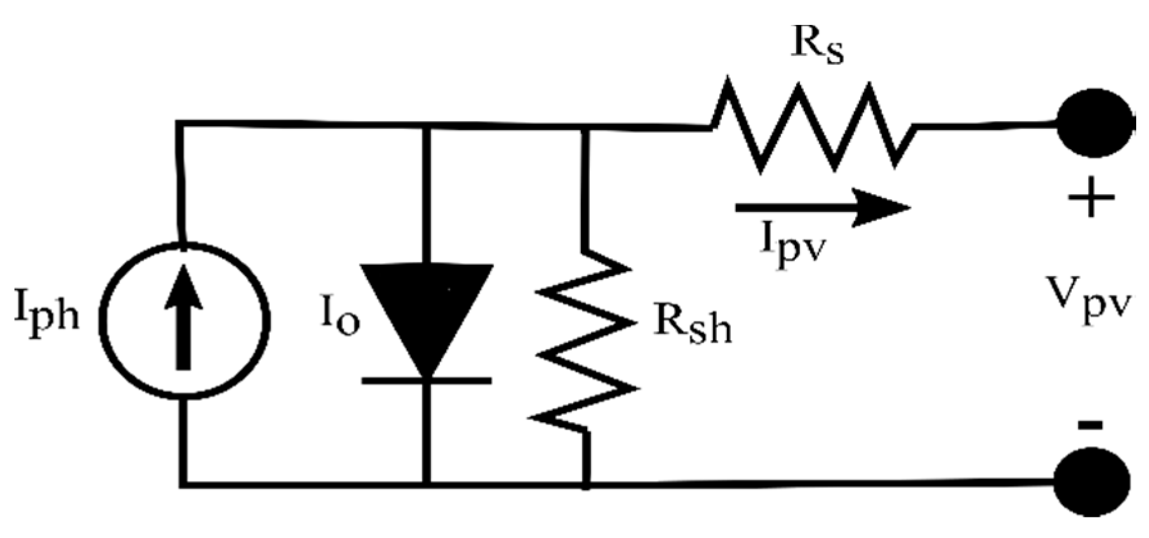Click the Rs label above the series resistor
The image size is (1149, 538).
tap(818, 45)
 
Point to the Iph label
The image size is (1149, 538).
tap(47, 314)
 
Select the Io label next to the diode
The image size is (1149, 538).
tap(339, 318)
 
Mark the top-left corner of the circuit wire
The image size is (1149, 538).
tap(180, 123)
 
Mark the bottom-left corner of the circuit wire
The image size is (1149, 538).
tap(184, 483)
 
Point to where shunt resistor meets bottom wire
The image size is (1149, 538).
tap(586, 484)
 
